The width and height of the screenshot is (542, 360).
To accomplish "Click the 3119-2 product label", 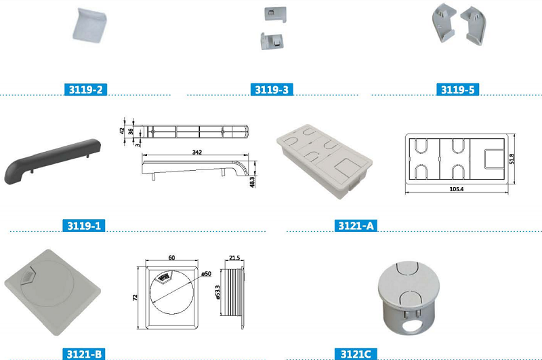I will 85,89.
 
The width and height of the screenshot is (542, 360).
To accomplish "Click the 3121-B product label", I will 85,354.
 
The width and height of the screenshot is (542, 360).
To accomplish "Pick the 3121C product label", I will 356,354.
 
